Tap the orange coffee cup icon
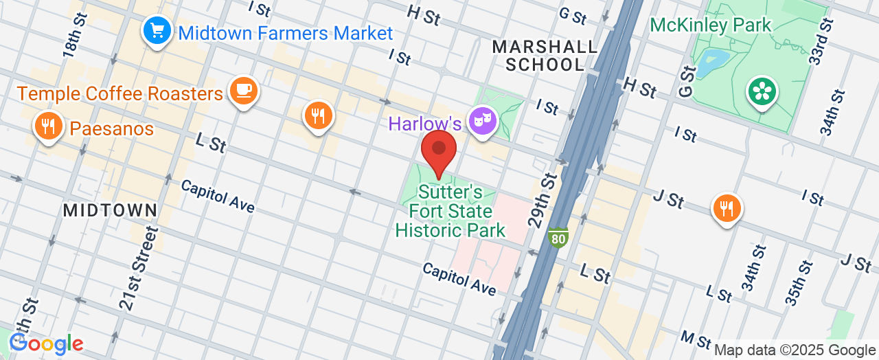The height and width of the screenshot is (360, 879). (x=243, y=90)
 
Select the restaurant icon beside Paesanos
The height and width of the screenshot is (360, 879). (x=47, y=126)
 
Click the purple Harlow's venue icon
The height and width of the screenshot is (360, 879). (x=482, y=122)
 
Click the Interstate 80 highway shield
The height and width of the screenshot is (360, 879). (x=558, y=238)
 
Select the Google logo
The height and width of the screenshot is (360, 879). (x=47, y=344)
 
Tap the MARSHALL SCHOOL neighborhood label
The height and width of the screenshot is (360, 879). (x=545, y=56)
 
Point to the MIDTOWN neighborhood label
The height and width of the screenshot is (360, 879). (x=111, y=210)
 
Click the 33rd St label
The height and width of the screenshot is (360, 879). (x=820, y=41)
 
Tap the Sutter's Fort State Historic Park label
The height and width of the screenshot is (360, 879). (x=450, y=211)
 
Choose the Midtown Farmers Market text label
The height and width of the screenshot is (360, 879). (x=285, y=33)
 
